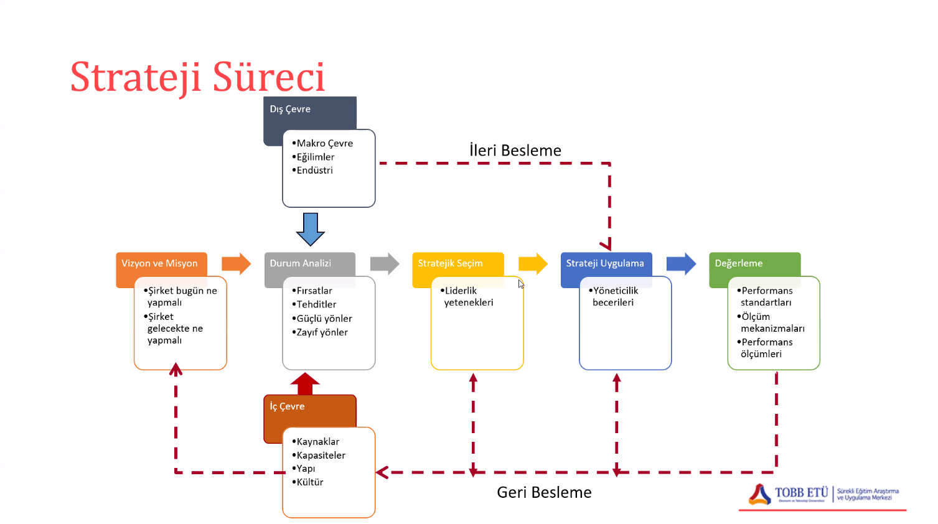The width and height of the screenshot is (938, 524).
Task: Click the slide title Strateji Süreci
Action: [197, 77]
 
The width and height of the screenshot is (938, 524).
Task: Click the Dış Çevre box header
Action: [290, 110]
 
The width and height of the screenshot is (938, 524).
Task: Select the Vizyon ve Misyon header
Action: [159, 263]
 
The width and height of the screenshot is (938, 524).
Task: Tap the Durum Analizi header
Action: [301, 263]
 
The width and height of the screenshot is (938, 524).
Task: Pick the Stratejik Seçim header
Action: [450, 263]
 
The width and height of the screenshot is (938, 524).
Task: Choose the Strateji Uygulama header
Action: [605, 263]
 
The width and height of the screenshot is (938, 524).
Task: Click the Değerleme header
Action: [739, 263]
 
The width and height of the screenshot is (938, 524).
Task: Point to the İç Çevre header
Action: [288, 406]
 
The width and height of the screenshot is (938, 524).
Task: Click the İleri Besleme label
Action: [515, 151]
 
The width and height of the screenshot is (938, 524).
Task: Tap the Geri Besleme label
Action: [544, 492]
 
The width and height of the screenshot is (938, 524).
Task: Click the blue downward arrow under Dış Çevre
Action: [311, 229]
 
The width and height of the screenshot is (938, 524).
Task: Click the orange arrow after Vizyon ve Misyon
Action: [236, 264]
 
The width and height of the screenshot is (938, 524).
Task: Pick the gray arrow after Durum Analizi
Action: [385, 264]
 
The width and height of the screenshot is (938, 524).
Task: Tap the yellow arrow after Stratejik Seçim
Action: [533, 264]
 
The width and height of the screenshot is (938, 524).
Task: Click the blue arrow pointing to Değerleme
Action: [681, 264]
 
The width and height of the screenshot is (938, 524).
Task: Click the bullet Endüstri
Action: [314, 171]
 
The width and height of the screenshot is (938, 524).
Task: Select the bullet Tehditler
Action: [316, 304]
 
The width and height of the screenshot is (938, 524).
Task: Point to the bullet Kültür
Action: [310, 482]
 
